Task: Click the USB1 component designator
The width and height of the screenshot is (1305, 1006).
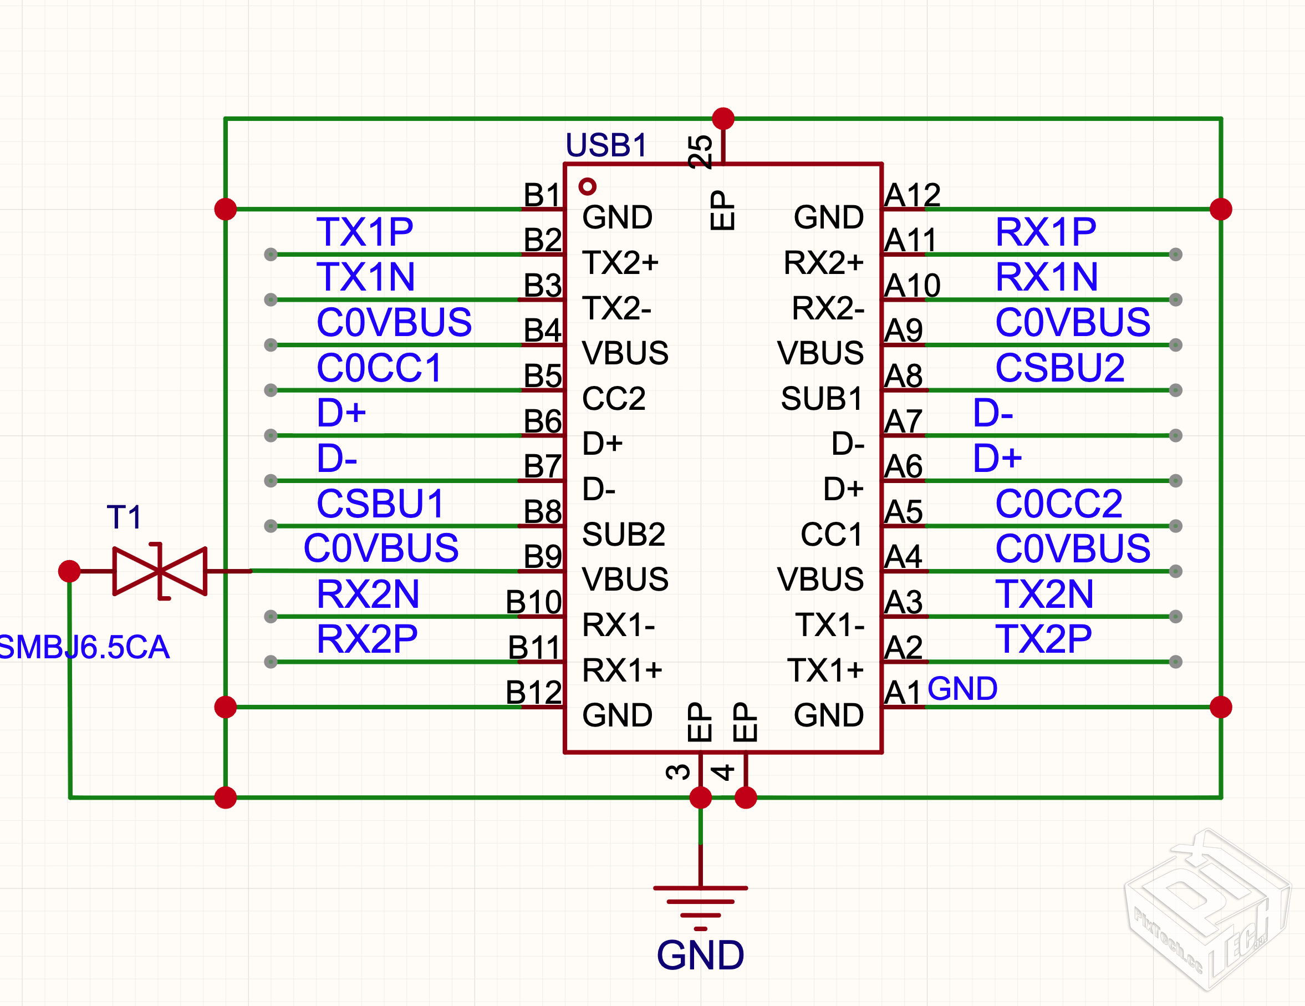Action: pyautogui.click(x=606, y=145)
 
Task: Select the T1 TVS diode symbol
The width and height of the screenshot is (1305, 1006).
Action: pyautogui.click(x=160, y=571)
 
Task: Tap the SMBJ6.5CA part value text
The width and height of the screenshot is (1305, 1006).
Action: pyautogui.click(x=84, y=647)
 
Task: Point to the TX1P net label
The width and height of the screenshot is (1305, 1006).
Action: pyautogui.click(x=364, y=232)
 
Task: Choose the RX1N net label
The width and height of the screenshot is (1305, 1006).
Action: pyautogui.click(x=1046, y=277)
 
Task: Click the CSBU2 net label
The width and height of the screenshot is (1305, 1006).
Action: pyautogui.click(x=1059, y=368)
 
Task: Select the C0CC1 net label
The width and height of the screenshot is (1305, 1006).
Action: pyautogui.click(x=379, y=368)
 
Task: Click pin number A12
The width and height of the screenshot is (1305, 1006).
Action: pyautogui.click(x=912, y=195)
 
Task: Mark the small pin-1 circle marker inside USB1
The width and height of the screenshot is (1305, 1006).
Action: pyautogui.click(x=588, y=186)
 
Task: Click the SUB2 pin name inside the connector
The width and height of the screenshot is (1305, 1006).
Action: pyautogui.click(x=623, y=535)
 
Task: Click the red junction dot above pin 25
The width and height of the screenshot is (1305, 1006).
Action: pyautogui.click(x=723, y=118)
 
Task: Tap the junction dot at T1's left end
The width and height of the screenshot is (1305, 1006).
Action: pyautogui.click(x=69, y=571)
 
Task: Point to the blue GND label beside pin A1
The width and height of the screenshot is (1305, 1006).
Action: pyautogui.click(x=962, y=689)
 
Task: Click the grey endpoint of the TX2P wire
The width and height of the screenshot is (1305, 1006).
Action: pyautogui.click(x=1175, y=662)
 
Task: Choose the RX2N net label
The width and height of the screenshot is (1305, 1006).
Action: pyautogui.click(x=368, y=594)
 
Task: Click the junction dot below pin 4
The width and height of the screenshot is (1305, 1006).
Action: pyautogui.click(x=746, y=797)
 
